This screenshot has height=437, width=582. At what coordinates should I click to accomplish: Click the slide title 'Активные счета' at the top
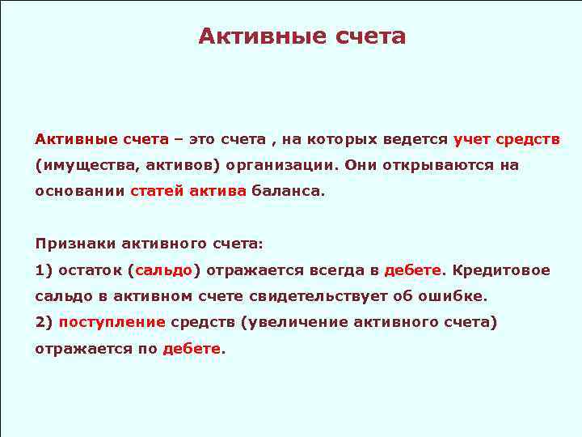pos(302,36)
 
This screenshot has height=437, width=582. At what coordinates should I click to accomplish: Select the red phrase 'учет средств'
pos(506,139)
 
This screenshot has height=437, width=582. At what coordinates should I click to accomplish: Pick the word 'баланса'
pos(285,192)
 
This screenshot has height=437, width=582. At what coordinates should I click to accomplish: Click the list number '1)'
pos(44,270)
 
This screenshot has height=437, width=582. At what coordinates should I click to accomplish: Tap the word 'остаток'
pos(88,270)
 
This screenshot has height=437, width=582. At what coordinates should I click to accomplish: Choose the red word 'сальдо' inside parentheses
pos(164,270)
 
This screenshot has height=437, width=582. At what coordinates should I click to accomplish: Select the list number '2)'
pos(44,322)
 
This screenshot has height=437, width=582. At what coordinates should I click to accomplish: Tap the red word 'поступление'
pos(112,322)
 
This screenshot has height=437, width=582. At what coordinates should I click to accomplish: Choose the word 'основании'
pos(78,192)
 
